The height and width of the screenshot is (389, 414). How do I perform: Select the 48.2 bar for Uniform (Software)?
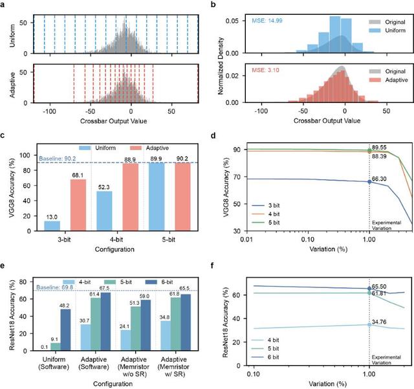[65, 328]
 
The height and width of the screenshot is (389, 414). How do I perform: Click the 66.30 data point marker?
[369, 182]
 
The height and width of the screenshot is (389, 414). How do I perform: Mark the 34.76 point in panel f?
[369, 324]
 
